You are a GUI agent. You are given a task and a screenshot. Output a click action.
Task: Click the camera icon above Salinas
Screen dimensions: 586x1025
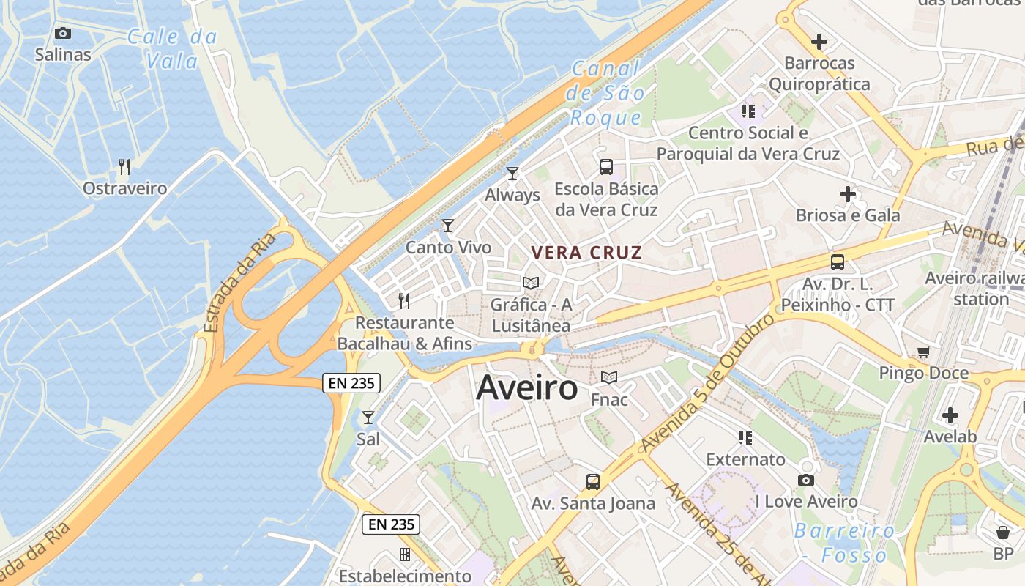coord(63,33)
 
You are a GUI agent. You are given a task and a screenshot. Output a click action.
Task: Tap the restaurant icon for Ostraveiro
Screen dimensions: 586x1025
coord(124,167)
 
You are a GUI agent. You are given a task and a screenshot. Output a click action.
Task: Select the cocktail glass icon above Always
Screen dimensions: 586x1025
coord(512,174)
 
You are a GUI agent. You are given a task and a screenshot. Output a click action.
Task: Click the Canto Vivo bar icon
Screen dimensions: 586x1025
coord(448,226)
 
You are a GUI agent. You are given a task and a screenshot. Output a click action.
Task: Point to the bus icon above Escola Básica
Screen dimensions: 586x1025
coord(606,166)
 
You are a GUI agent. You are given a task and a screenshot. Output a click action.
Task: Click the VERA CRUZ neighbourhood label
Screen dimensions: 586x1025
coord(586,253)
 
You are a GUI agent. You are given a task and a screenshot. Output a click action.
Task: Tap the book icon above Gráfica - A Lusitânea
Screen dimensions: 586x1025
coord(531,283)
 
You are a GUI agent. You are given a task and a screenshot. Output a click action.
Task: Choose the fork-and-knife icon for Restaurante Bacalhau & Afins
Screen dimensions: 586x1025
coord(403,300)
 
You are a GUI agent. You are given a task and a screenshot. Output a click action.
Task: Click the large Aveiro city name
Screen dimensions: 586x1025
coord(526,387)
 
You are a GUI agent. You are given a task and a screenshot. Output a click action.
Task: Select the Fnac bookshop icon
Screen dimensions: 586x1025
coord(609,377)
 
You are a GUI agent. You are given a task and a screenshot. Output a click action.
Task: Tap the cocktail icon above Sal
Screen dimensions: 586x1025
coord(368,418)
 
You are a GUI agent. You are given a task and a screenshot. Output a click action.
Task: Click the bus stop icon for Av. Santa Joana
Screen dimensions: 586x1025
coord(593,482)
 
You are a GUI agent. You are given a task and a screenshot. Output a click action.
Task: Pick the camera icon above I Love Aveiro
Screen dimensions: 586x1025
coord(806,480)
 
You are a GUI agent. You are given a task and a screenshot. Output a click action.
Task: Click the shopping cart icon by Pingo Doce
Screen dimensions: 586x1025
coord(924,352)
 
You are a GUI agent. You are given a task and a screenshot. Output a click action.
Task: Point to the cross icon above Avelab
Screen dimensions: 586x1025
coord(950,415)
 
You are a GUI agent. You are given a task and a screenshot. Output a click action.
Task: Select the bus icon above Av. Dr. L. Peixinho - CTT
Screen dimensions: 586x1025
coord(838,262)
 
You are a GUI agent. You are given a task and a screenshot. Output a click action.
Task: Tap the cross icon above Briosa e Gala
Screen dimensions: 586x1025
coord(848,194)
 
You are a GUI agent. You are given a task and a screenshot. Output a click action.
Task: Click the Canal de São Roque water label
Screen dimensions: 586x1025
coord(608,93)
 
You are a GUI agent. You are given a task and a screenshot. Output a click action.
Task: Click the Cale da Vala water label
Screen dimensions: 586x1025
coord(173,48)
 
